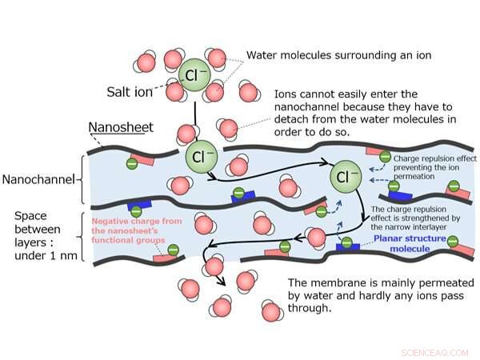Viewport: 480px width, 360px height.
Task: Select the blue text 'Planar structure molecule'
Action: point(402,242)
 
